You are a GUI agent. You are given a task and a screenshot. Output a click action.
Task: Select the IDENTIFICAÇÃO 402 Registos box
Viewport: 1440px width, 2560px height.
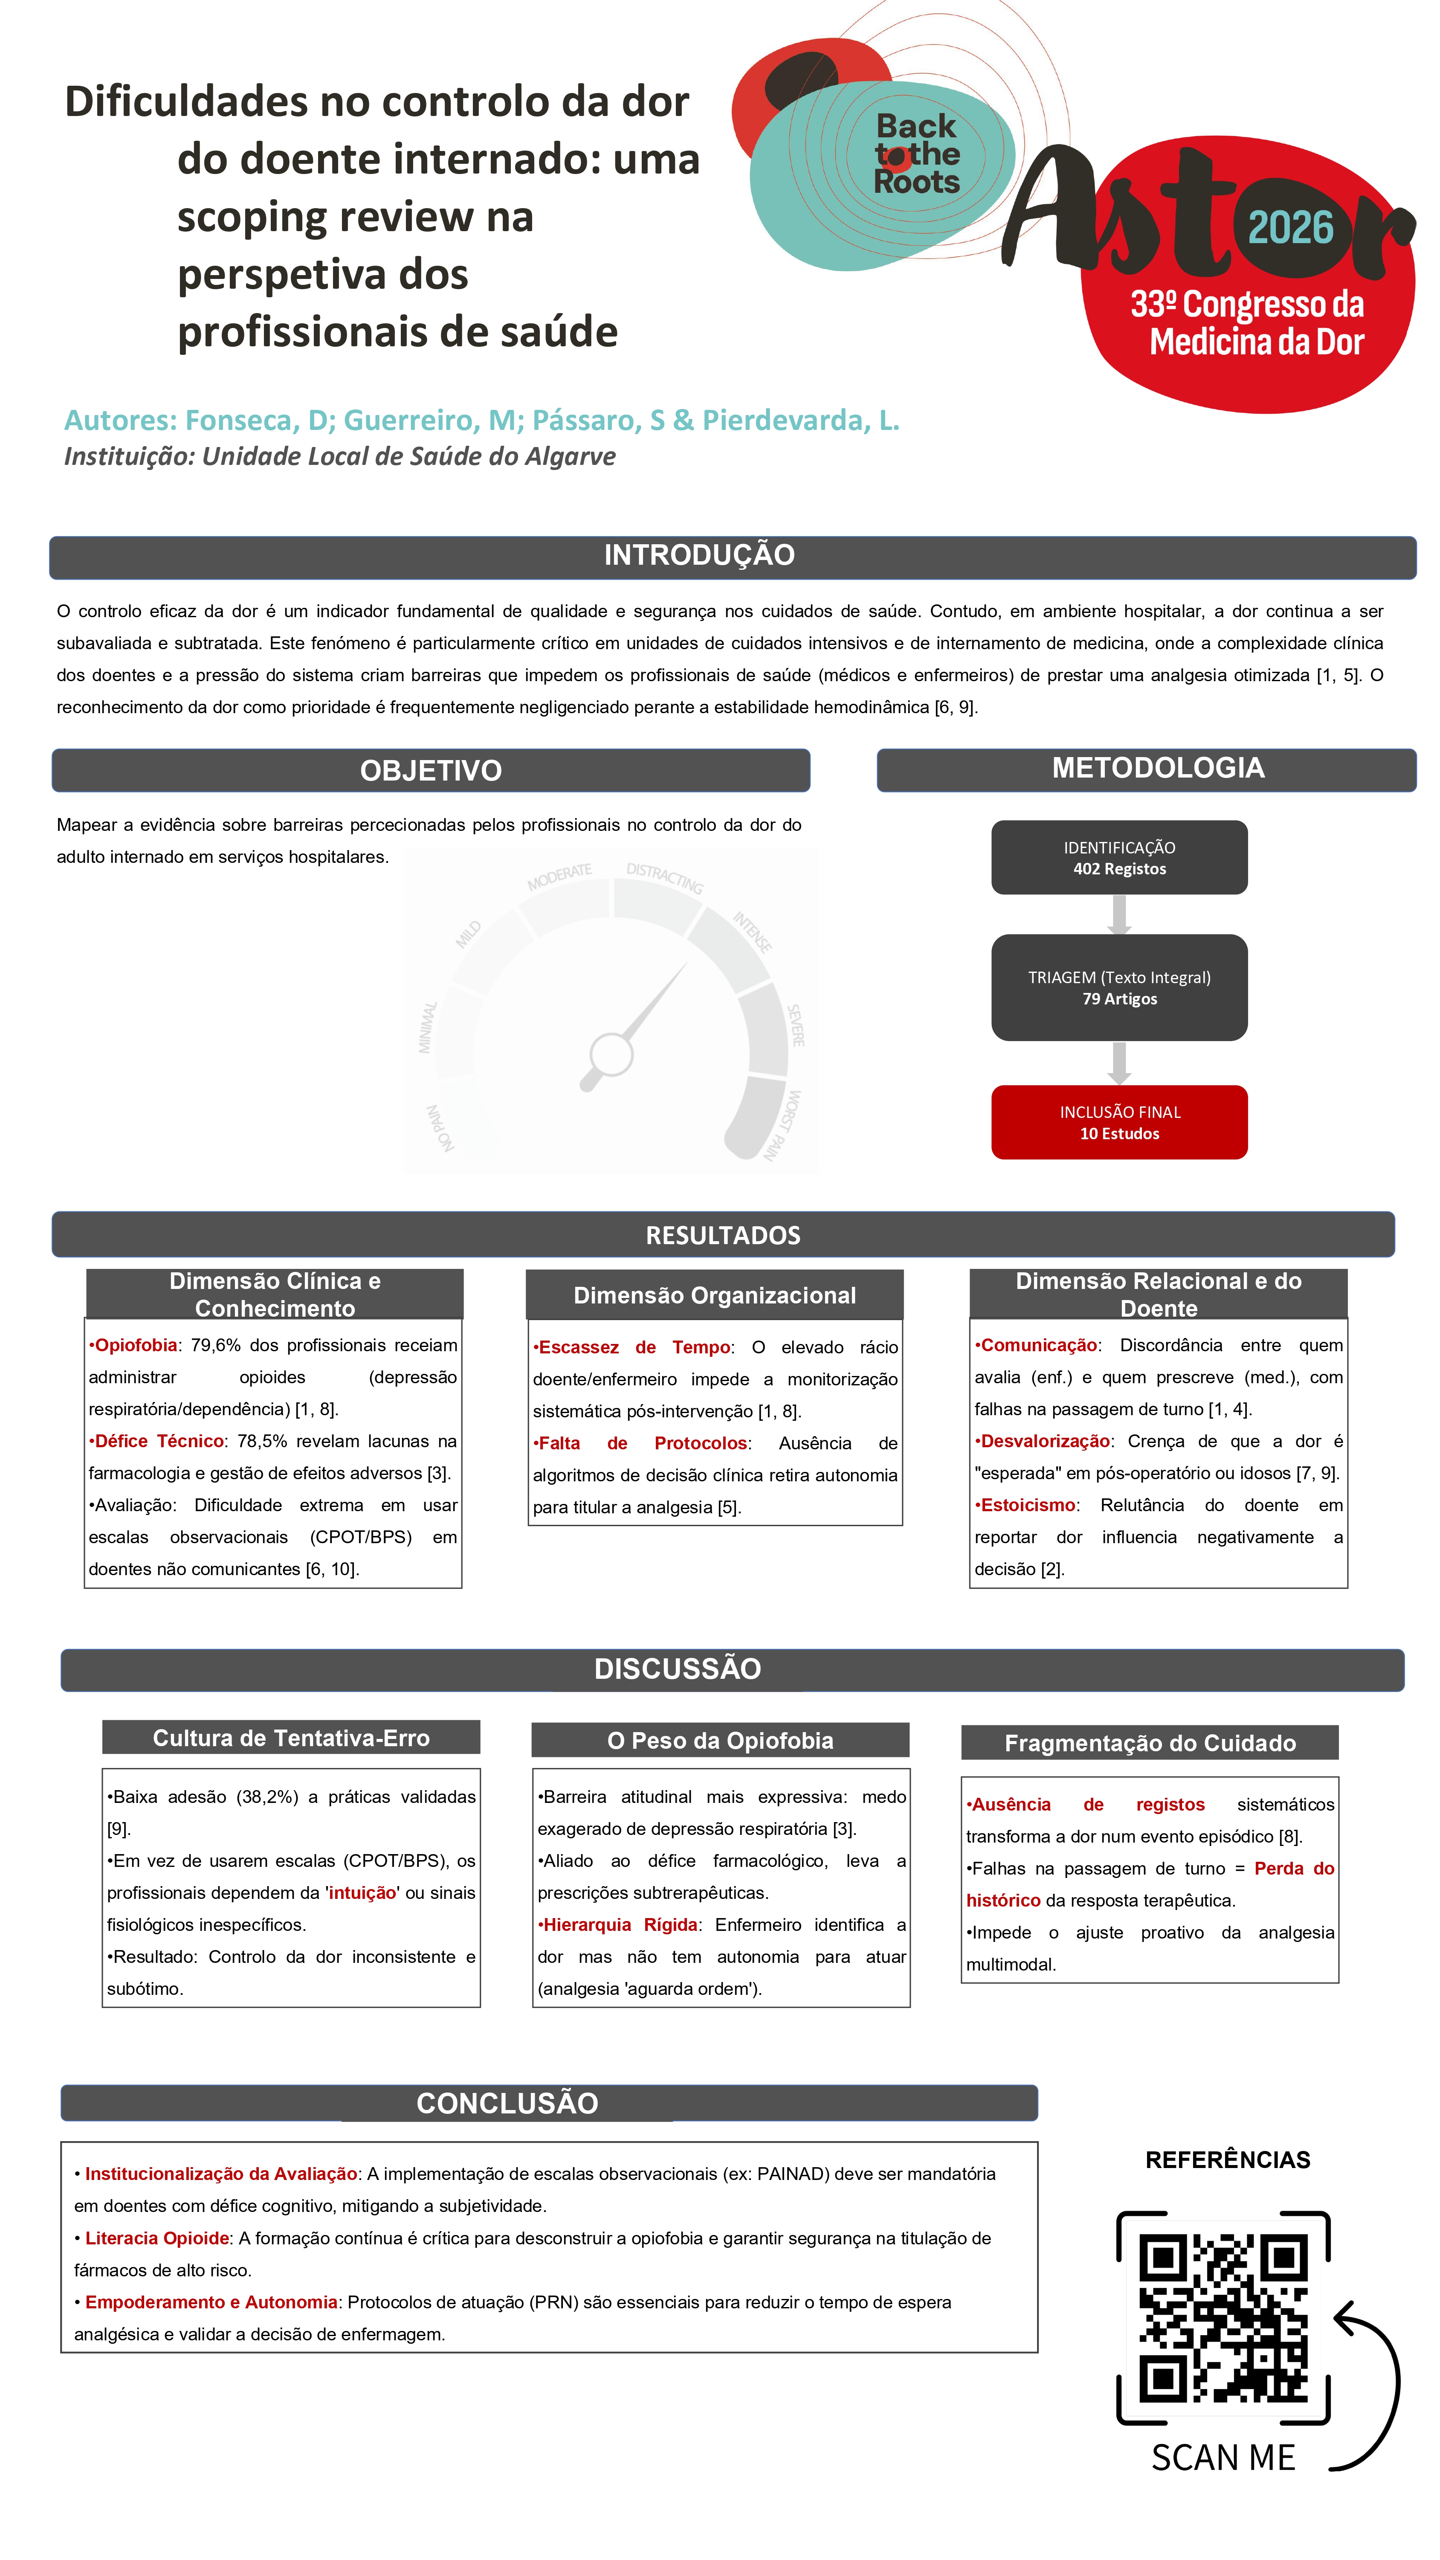[x=1119, y=858]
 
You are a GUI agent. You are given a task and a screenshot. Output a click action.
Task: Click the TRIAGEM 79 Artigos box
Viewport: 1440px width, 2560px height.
[x=1119, y=988]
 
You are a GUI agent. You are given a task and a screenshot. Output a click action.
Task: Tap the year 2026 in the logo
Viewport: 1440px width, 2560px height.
[x=1290, y=229]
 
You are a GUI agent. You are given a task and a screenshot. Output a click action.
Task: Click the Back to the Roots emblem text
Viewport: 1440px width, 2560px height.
[x=916, y=154]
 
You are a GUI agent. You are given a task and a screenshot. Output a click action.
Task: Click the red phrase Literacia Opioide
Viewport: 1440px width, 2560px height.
[x=157, y=2238]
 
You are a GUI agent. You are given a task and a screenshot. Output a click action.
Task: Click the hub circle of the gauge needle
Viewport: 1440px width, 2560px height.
[x=611, y=1054]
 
